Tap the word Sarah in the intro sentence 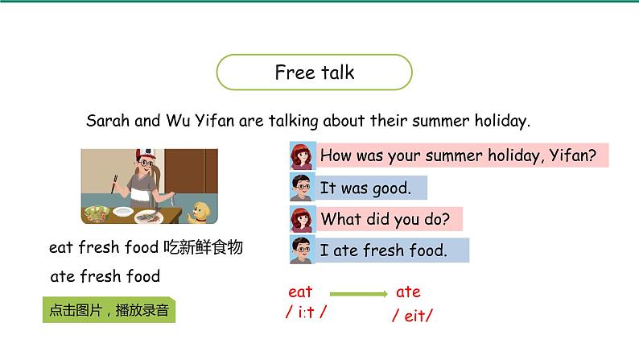pyautogui.click(x=107, y=122)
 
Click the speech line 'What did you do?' pyautogui.click(x=385, y=219)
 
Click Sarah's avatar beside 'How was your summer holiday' pyautogui.click(x=302, y=155)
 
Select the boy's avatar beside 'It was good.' pyautogui.click(x=302, y=188)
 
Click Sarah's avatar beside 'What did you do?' pyautogui.click(x=302, y=219)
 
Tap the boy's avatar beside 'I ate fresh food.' pyautogui.click(x=302, y=250)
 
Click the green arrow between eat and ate pyautogui.click(x=360, y=293)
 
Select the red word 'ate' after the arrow pyautogui.click(x=408, y=292)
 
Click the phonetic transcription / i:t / pyautogui.click(x=307, y=313)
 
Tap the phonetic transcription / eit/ pyautogui.click(x=412, y=315)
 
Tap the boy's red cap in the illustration pyautogui.click(x=145, y=154)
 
